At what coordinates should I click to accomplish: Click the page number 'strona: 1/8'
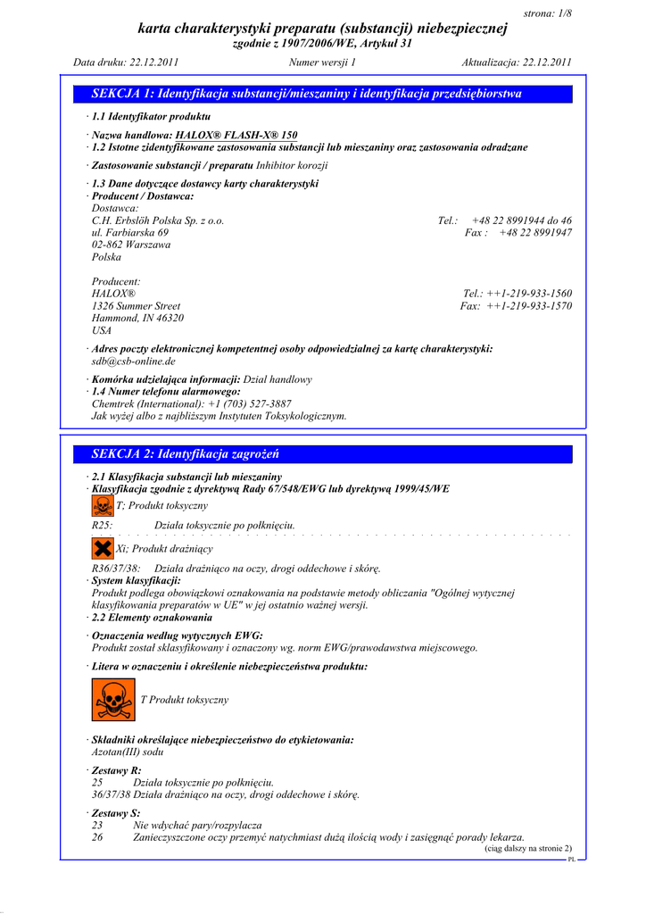point(546,12)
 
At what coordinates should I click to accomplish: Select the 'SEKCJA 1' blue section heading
point(307,94)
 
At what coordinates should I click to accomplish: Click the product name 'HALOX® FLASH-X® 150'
point(236,135)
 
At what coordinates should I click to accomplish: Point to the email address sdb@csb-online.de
point(134,361)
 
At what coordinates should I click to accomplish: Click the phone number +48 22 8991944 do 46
point(522,220)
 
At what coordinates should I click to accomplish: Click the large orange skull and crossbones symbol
point(113,700)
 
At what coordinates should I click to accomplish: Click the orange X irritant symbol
point(103,548)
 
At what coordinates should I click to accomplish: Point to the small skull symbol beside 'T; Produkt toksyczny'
point(103,506)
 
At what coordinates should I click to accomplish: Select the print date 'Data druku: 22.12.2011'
point(127,62)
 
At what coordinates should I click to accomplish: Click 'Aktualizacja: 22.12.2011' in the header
point(517,62)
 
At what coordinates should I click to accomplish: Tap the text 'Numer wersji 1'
point(322,62)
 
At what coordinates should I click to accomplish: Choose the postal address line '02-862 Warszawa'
point(131,245)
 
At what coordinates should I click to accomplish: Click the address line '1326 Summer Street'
point(136,306)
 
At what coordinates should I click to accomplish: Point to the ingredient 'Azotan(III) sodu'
point(128,752)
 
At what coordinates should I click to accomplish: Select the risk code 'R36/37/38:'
point(116,569)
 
